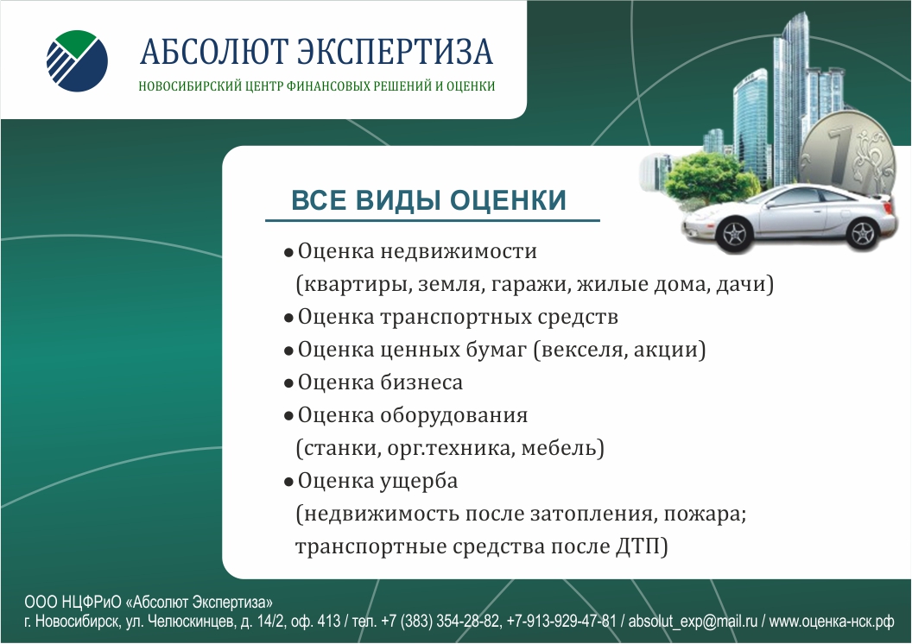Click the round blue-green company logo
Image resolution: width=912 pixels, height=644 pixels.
pos(77,61)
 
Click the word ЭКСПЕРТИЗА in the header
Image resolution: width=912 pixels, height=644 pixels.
pos(396,51)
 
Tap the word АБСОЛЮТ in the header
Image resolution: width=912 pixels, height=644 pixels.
pos(214,51)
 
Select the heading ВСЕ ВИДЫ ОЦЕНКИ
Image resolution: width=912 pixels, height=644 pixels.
pos(428,200)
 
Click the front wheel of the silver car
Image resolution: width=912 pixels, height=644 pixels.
pos(734,234)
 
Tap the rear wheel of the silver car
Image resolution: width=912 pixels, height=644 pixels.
pos(861,232)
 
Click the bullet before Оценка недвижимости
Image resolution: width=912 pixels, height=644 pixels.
pos(288,254)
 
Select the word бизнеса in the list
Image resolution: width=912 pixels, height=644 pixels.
pos(421,382)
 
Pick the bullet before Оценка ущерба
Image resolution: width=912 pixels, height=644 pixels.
pos(288,483)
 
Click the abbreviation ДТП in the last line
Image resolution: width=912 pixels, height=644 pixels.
pos(637,547)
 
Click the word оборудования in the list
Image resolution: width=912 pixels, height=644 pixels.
pos(454,416)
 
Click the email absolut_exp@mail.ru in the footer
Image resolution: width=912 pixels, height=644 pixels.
pos(693,622)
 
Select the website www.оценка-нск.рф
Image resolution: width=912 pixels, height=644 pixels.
pos(832,622)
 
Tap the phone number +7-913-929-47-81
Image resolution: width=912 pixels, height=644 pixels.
pos(561,622)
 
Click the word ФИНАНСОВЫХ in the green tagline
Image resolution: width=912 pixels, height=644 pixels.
pos(320,86)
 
